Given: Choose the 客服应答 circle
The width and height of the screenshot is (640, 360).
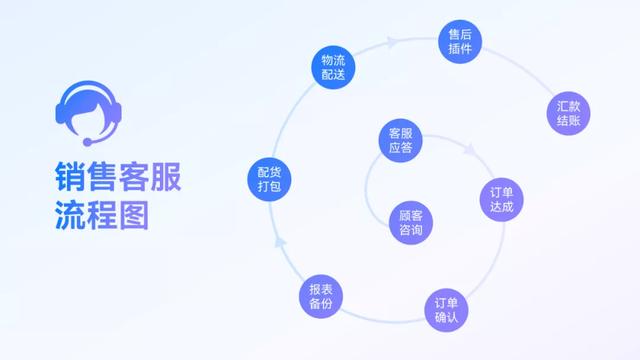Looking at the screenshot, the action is [x=401, y=142].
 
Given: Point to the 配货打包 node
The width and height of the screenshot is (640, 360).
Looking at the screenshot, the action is [x=269, y=178].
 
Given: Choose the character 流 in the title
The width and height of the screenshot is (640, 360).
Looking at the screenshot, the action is [x=71, y=214].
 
